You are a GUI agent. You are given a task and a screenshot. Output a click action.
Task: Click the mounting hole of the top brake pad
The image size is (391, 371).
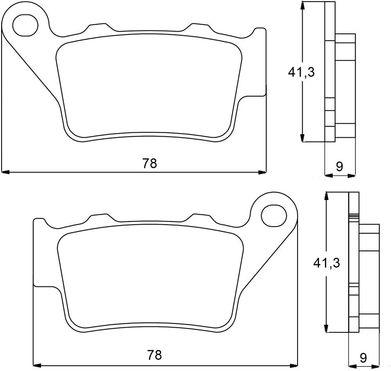(x=25, y=25)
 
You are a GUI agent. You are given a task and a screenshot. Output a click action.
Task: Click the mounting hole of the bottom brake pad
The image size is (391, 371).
(x=274, y=216)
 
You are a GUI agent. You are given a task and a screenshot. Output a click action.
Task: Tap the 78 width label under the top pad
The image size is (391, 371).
(x=150, y=164)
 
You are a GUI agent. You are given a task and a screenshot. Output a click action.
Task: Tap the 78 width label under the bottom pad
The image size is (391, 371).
(x=154, y=355)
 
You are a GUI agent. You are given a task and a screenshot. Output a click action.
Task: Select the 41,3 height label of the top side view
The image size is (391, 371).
(x=301, y=72)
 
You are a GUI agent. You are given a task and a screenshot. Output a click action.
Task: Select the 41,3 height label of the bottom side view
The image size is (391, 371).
(x=326, y=263)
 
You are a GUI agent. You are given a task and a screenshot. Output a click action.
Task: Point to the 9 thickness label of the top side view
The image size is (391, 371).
(x=339, y=167)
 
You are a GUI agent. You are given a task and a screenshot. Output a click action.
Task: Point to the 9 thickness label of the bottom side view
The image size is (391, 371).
(x=363, y=358)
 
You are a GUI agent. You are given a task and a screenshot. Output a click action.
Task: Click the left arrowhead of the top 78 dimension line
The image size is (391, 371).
(x=5, y=172)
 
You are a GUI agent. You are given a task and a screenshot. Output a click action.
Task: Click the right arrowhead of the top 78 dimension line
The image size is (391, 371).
(x=262, y=172)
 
